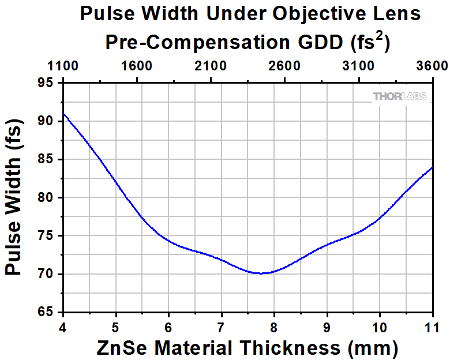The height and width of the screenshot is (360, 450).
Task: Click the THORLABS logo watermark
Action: tap(400, 96)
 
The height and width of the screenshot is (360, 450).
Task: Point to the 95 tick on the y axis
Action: tap(49, 83)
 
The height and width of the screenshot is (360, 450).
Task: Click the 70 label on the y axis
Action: tap(49, 274)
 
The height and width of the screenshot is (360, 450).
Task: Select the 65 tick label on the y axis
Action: tap(49, 312)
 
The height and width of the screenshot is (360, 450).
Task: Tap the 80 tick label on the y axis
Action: tap(49, 198)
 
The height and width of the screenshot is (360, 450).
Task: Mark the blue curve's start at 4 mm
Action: tap(64, 114)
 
